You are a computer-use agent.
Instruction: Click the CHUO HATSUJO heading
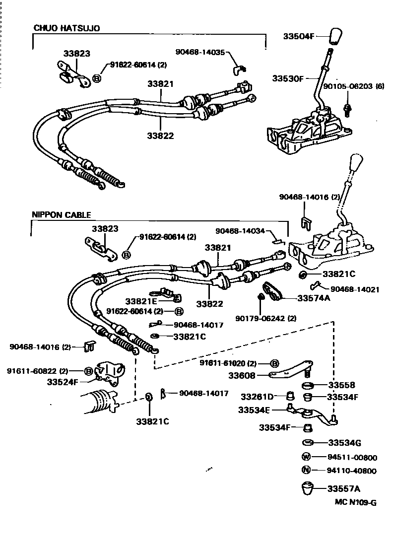tap(66, 28)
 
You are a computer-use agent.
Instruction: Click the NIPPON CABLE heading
tap(62, 215)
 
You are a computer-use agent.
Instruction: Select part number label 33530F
tap(288, 78)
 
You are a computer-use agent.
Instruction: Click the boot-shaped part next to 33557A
tap(310, 488)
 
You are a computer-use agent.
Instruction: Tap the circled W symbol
tap(306, 457)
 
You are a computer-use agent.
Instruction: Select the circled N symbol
tap(306, 470)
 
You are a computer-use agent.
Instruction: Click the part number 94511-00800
tap(351, 457)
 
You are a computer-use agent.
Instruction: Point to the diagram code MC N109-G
tap(355, 502)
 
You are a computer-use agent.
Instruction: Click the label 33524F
tap(63, 382)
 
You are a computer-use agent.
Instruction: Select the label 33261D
tap(257, 397)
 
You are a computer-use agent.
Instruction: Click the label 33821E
tap(141, 301)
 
